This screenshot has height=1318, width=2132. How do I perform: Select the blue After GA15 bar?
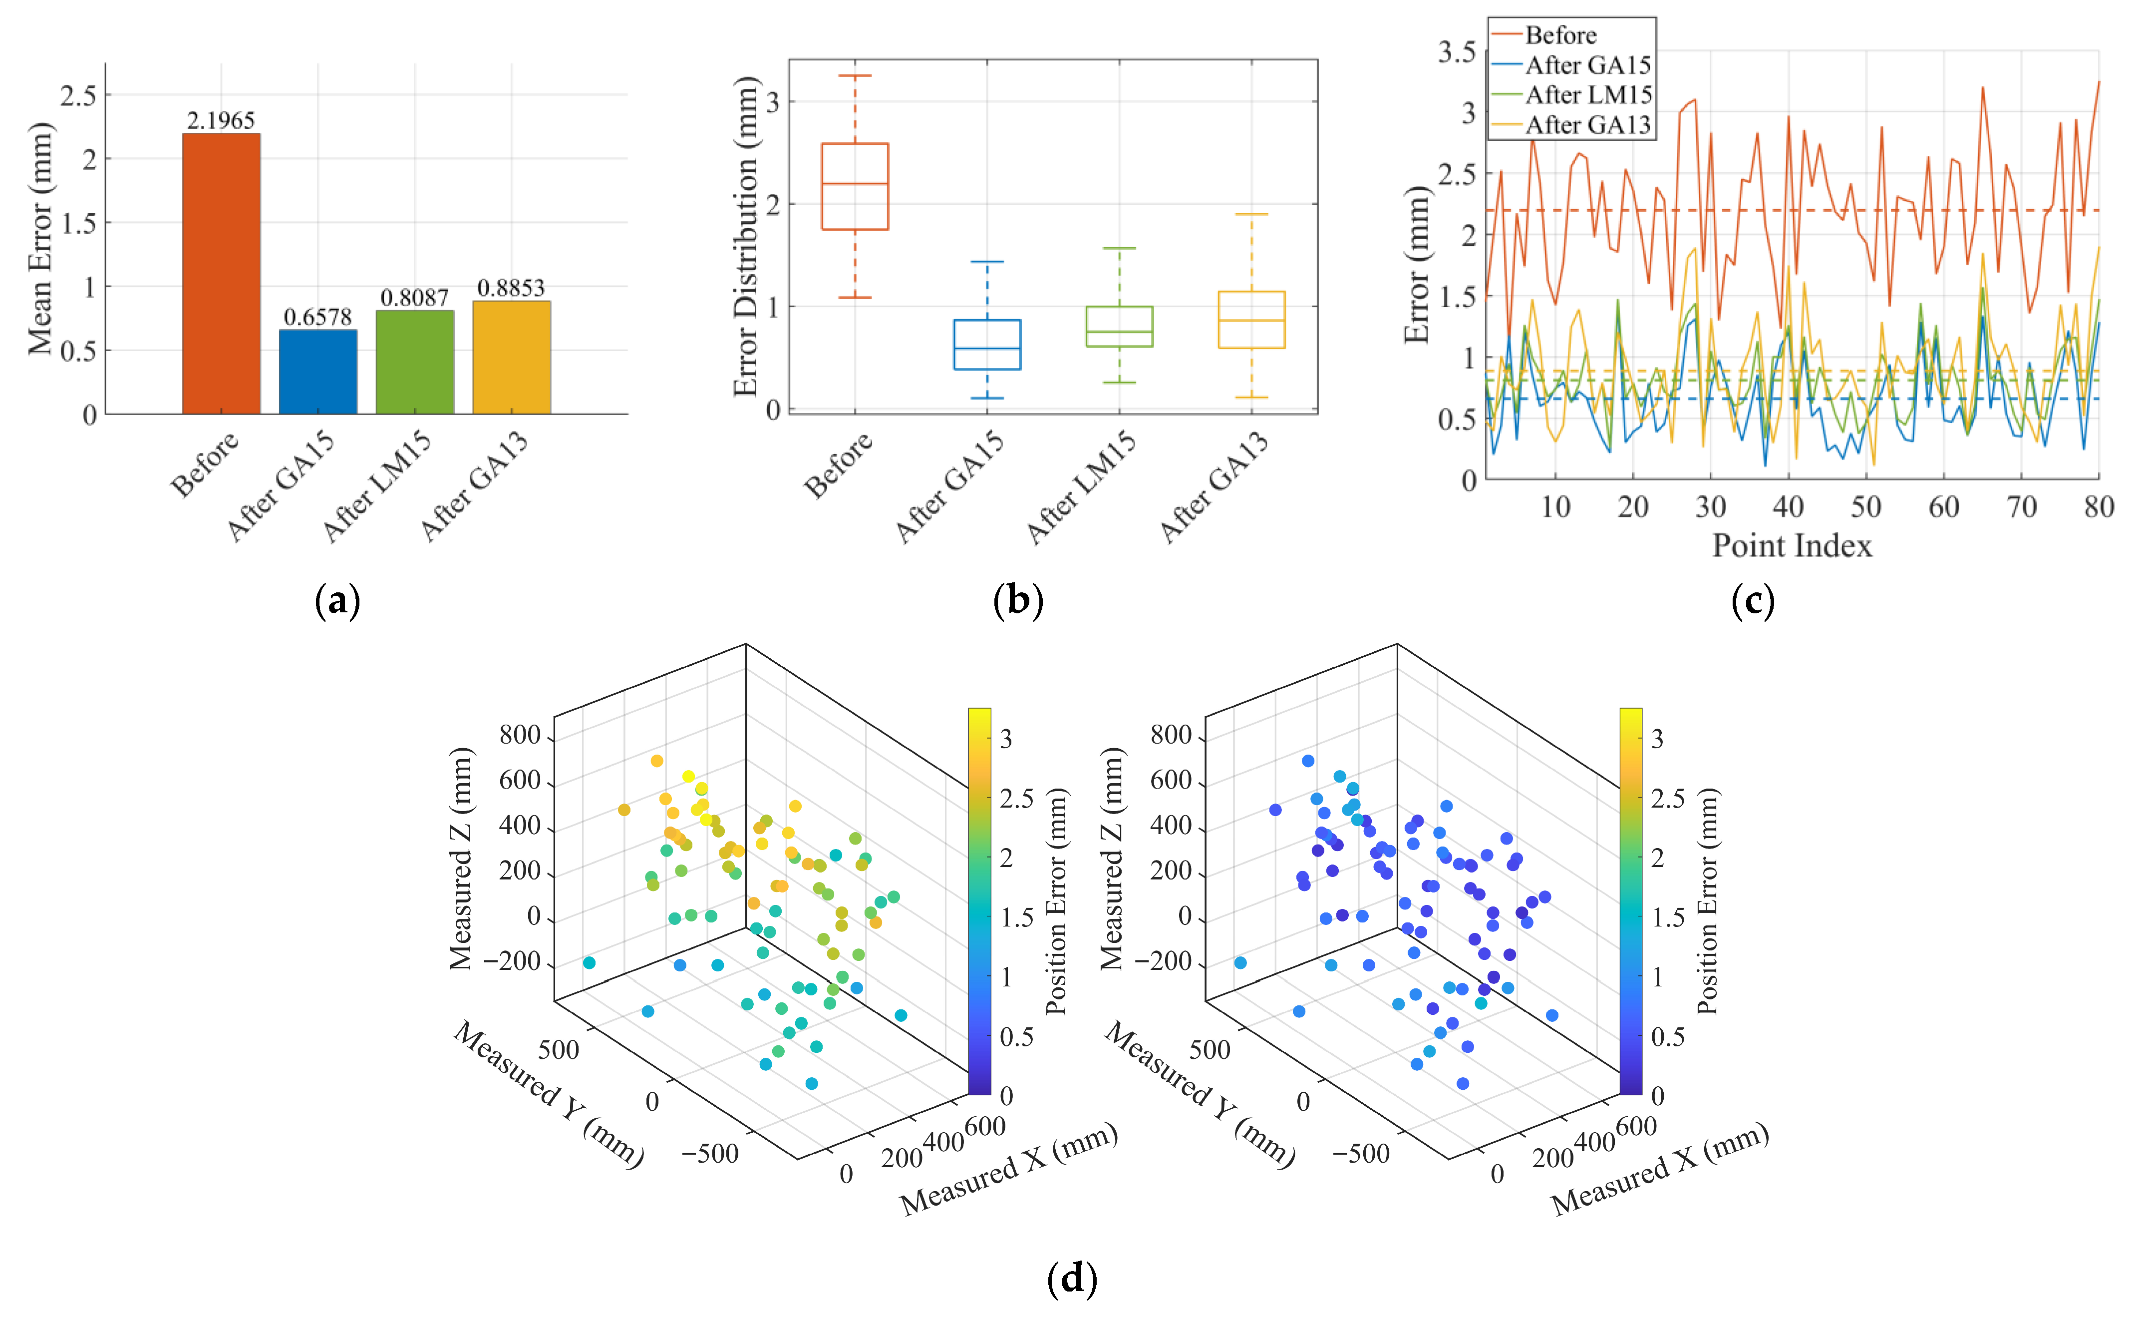318,372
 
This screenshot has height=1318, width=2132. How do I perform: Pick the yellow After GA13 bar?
512,358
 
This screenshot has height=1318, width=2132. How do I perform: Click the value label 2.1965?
221,120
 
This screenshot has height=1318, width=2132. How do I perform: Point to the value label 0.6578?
318,317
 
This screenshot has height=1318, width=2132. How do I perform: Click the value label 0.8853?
512,288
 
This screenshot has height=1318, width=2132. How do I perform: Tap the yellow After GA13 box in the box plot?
1251,320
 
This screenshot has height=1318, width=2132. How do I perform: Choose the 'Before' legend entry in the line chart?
1559,35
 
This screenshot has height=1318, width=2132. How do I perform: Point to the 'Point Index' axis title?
1792,546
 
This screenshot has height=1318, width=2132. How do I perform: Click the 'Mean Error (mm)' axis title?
40,239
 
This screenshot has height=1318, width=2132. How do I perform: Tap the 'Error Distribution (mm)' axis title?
746,237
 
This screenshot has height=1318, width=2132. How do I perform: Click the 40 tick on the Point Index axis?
1788,506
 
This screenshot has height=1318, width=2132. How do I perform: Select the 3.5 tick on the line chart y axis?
1457,52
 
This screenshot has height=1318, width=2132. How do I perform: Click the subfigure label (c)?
1752,601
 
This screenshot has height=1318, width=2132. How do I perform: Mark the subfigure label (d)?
1071,1278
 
